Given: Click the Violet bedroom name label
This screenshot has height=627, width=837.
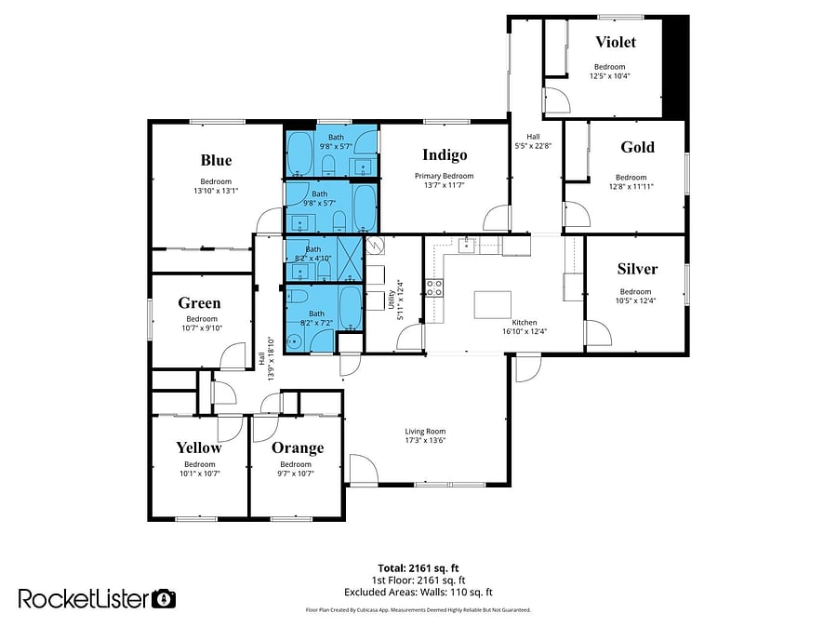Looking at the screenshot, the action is tap(616, 42).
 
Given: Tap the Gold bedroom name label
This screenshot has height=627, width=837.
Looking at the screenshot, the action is tap(637, 147).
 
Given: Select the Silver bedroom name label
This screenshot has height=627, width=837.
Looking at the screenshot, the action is tap(637, 269).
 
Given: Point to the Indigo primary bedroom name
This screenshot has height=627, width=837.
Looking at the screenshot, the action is tap(445, 154).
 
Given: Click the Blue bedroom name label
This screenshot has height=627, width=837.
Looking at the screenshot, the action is tap(216, 160).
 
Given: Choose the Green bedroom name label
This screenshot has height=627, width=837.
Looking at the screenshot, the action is tap(199, 303).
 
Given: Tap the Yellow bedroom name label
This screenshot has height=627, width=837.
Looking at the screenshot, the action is tap(199, 447).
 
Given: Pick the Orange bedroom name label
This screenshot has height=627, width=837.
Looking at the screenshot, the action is tap(298, 447).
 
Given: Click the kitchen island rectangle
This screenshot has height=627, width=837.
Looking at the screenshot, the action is tap(493, 305).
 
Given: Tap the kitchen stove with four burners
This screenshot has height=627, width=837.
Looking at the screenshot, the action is tap(434, 287).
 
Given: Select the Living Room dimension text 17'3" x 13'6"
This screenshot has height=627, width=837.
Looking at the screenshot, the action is tap(425, 441).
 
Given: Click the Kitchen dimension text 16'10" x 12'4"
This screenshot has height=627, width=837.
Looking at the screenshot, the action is tap(525, 331).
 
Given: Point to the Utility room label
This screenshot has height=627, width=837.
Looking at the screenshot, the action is tap(392, 299).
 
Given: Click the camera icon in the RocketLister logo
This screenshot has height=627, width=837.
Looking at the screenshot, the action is tap(164, 599).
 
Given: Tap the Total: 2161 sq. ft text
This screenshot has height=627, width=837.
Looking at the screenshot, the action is tap(418, 568).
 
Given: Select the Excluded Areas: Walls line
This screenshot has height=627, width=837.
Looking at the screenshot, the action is tap(418, 592).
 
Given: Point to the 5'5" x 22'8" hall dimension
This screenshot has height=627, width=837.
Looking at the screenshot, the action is tap(533, 146).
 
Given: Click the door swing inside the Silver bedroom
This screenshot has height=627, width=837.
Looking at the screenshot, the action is tap(598, 333).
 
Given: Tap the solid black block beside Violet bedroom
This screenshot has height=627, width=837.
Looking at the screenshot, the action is tap(675, 67).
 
